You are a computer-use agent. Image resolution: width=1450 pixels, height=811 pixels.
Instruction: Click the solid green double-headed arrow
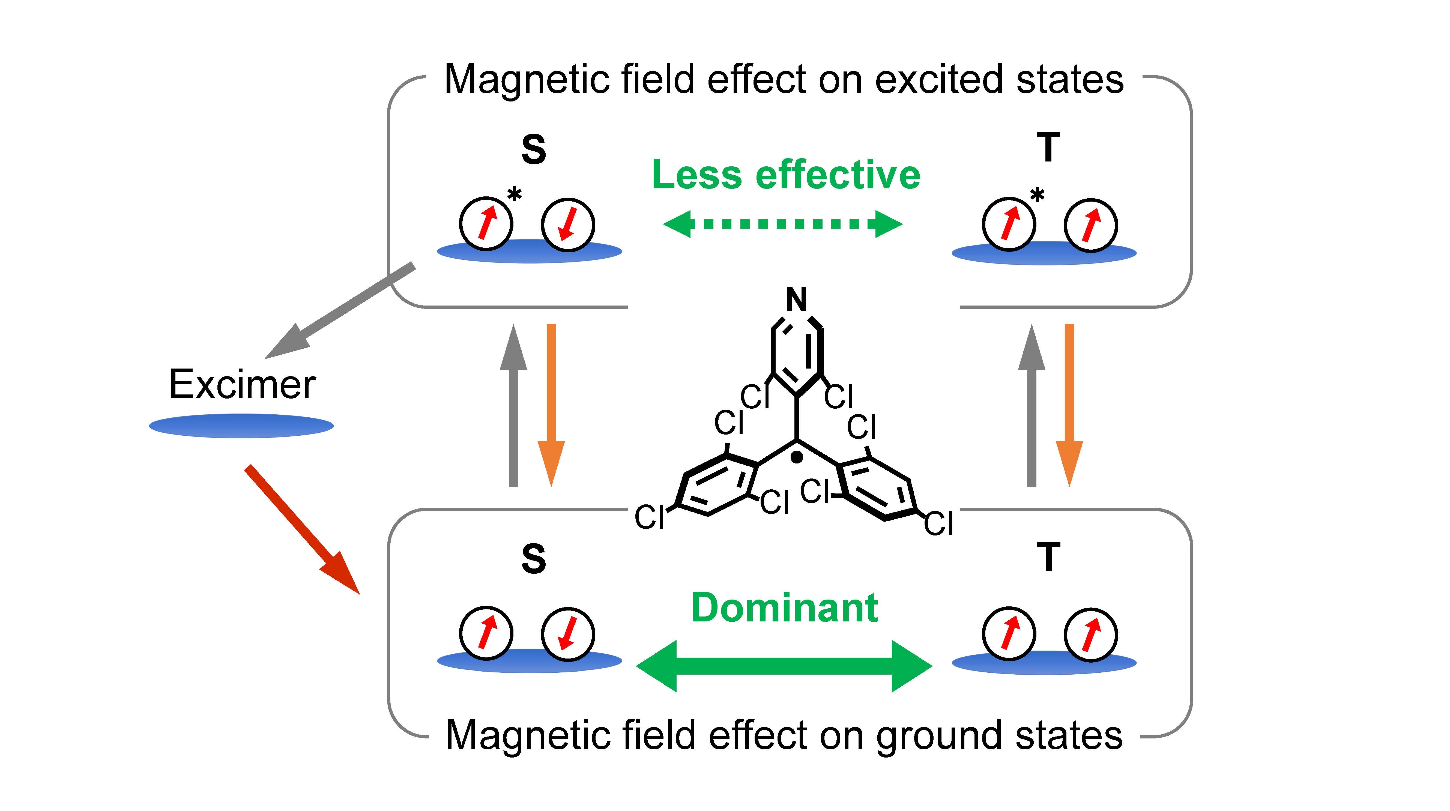tap(784, 666)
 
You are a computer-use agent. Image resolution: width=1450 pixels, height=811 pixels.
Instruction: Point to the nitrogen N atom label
tap(797, 300)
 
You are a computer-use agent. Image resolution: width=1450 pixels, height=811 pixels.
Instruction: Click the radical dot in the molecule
tap(797, 457)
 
